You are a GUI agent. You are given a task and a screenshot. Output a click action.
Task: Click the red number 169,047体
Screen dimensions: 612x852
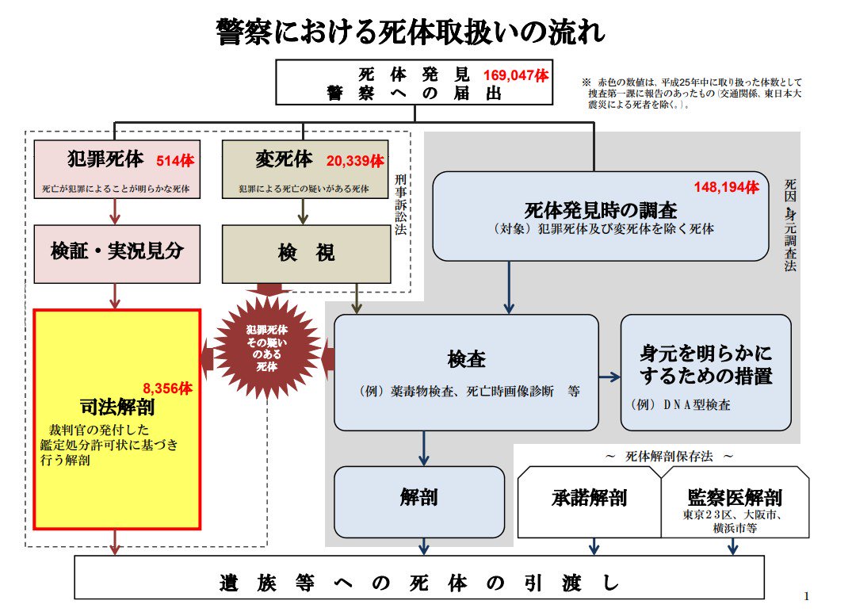(x=515, y=76)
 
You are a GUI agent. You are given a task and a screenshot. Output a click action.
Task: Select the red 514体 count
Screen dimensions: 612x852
(x=175, y=160)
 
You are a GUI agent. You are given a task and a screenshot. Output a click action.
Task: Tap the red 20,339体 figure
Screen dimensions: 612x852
(x=355, y=161)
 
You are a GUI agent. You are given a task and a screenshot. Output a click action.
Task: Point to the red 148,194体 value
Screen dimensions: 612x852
(x=727, y=187)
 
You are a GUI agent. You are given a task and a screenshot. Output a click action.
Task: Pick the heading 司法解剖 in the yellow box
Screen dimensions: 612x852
(x=117, y=407)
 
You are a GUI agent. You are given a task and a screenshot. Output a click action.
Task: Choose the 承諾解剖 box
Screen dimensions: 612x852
(x=589, y=499)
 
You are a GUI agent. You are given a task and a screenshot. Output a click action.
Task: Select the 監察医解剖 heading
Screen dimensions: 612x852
(x=735, y=498)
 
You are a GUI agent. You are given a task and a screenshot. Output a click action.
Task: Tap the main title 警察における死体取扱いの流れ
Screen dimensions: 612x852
(x=411, y=33)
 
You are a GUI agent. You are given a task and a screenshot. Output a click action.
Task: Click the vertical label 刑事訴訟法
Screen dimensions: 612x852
(x=399, y=206)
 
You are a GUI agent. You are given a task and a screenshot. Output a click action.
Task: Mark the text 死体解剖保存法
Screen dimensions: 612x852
(x=669, y=457)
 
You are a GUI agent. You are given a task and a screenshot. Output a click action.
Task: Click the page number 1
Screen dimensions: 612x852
(x=806, y=596)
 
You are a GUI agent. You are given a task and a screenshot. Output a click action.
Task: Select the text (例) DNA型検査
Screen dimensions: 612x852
(x=681, y=404)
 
